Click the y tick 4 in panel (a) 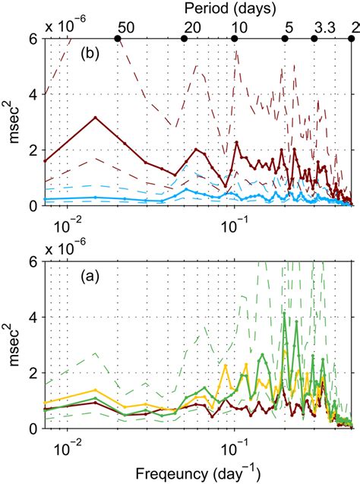click(x=34, y=318)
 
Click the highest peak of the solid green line click(x=285, y=313)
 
